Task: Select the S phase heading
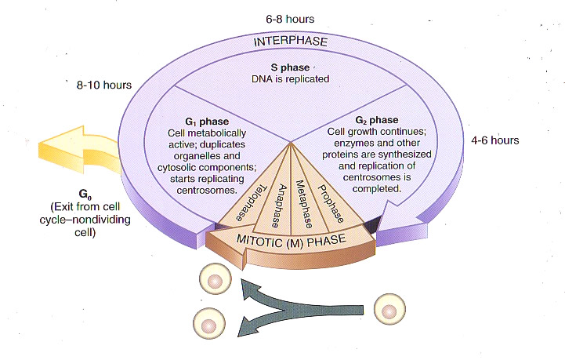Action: pos(292,67)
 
